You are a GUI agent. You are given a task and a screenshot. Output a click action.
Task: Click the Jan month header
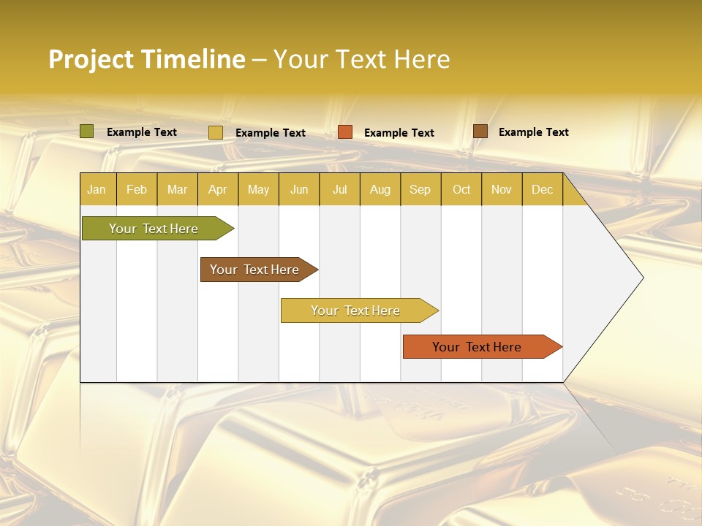(x=97, y=189)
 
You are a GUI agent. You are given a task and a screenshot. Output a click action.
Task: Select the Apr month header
(x=217, y=189)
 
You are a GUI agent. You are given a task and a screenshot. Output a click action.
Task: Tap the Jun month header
(x=299, y=189)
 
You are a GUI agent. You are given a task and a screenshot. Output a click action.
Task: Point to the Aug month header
(x=380, y=189)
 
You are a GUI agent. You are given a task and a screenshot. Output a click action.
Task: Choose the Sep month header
(x=420, y=189)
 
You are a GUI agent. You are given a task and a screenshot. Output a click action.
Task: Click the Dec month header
(x=542, y=189)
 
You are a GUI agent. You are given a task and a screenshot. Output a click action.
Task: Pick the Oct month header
(x=461, y=189)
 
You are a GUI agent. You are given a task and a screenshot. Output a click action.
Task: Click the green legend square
(x=87, y=131)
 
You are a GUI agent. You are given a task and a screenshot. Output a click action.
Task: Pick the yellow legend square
(x=216, y=132)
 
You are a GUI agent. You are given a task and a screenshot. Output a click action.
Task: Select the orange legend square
(x=345, y=132)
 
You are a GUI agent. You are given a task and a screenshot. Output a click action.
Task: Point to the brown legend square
(x=480, y=131)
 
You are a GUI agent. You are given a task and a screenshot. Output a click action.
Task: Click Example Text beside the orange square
(x=399, y=133)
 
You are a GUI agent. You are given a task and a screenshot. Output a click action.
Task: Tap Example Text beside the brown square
(x=533, y=132)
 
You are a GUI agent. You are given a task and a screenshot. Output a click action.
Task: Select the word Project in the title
(x=91, y=60)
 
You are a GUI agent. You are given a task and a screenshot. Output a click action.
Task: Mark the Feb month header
(x=137, y=189)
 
